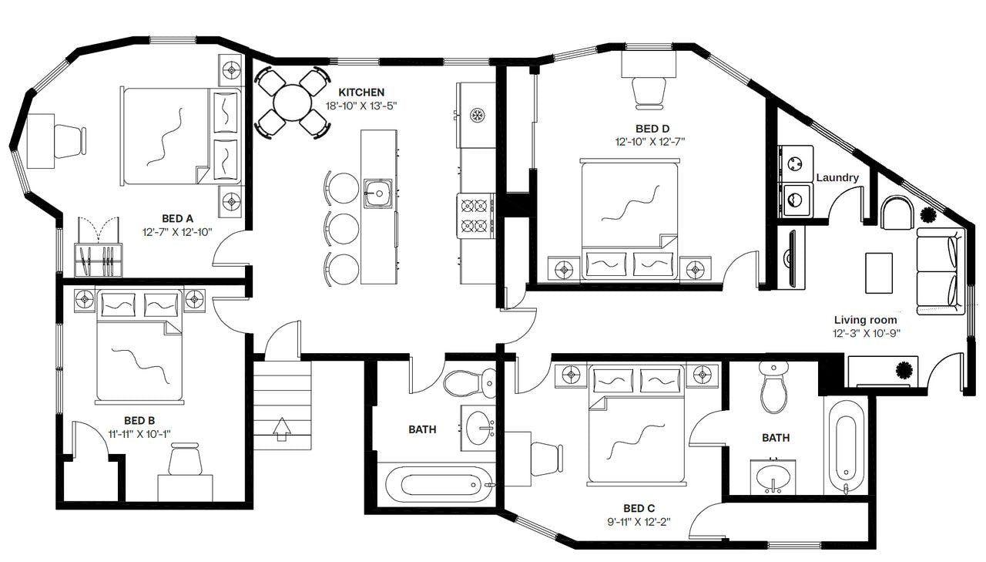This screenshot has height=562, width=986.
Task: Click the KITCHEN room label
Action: [x=361, y=92]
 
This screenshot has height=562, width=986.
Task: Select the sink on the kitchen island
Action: [x=377, y=193]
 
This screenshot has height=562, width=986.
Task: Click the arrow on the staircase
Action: [x=282, y=429]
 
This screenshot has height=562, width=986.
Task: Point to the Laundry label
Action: [x=837, y=177]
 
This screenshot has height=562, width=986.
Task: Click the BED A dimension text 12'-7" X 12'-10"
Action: [x=177, y=232]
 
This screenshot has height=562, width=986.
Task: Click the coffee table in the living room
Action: [x=879, y=273]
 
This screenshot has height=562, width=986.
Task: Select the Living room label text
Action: [x=865, y=320]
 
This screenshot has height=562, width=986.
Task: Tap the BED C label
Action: [x=639, y=508]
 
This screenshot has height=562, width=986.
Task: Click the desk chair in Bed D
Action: [x=649, y=93]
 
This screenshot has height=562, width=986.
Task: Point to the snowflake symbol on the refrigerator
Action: [x=477, y=115]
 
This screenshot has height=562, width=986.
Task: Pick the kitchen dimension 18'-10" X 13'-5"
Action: [x=361, y=106]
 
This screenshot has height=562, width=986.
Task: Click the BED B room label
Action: [x=139, y=421]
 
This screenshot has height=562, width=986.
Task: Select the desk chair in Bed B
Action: [x=186, y=459]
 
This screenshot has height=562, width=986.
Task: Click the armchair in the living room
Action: [x=897, y=213]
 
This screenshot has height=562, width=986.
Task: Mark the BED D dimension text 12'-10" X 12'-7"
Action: [x=650, y=142]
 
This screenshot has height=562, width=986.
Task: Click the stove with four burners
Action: [x=476, y=216]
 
